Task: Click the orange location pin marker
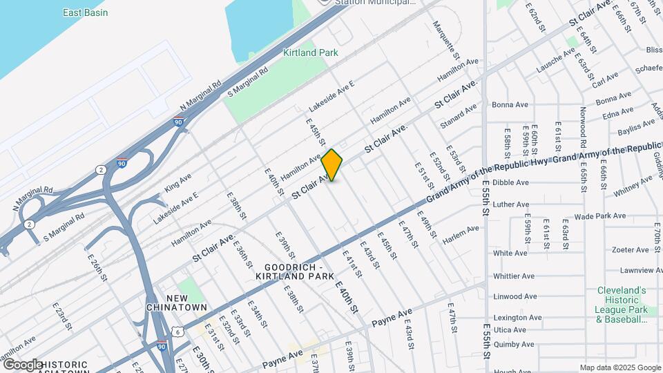[x=332, y=164]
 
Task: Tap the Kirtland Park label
[x=310, y=52]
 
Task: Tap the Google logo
[x=22, y=365]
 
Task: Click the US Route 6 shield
[x=179, y=332]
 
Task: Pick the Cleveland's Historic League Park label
[x=621, y=305]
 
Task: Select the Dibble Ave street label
[x=510, y=183]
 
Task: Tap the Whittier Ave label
[x=514, y=276]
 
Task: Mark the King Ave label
[x=177, y=183]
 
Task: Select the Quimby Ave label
[x=514, y=344]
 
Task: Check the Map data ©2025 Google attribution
[x=619, y=367]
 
